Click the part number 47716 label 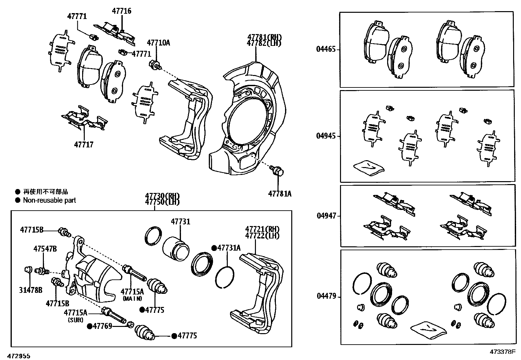pyautogui.click(x=121, y=11)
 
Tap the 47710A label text pyautogui.click(x=158, y=43)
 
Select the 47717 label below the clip pyautogui.click(x=84, y=144)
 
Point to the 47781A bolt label pyautogui.click(x=279, y=194)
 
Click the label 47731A pyautogui.click(x=229, y=248)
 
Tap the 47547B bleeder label pyautogui.click(x=45, y=249)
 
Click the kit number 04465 pyautogui.click(x=326, y=49)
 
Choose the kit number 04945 pyautogui.click(x=326, y=136)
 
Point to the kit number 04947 pyautogui.click(x=326, y=216)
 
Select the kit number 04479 pyautogui.click(x=326, y=296)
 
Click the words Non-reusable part pyautogui.click(x=49, y=200)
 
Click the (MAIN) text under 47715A pyautogui.click(x=133, y=298)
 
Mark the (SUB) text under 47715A pyautogui.click(x=75, y=320)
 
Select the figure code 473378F pyautogui.click(x=502, y=352)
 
